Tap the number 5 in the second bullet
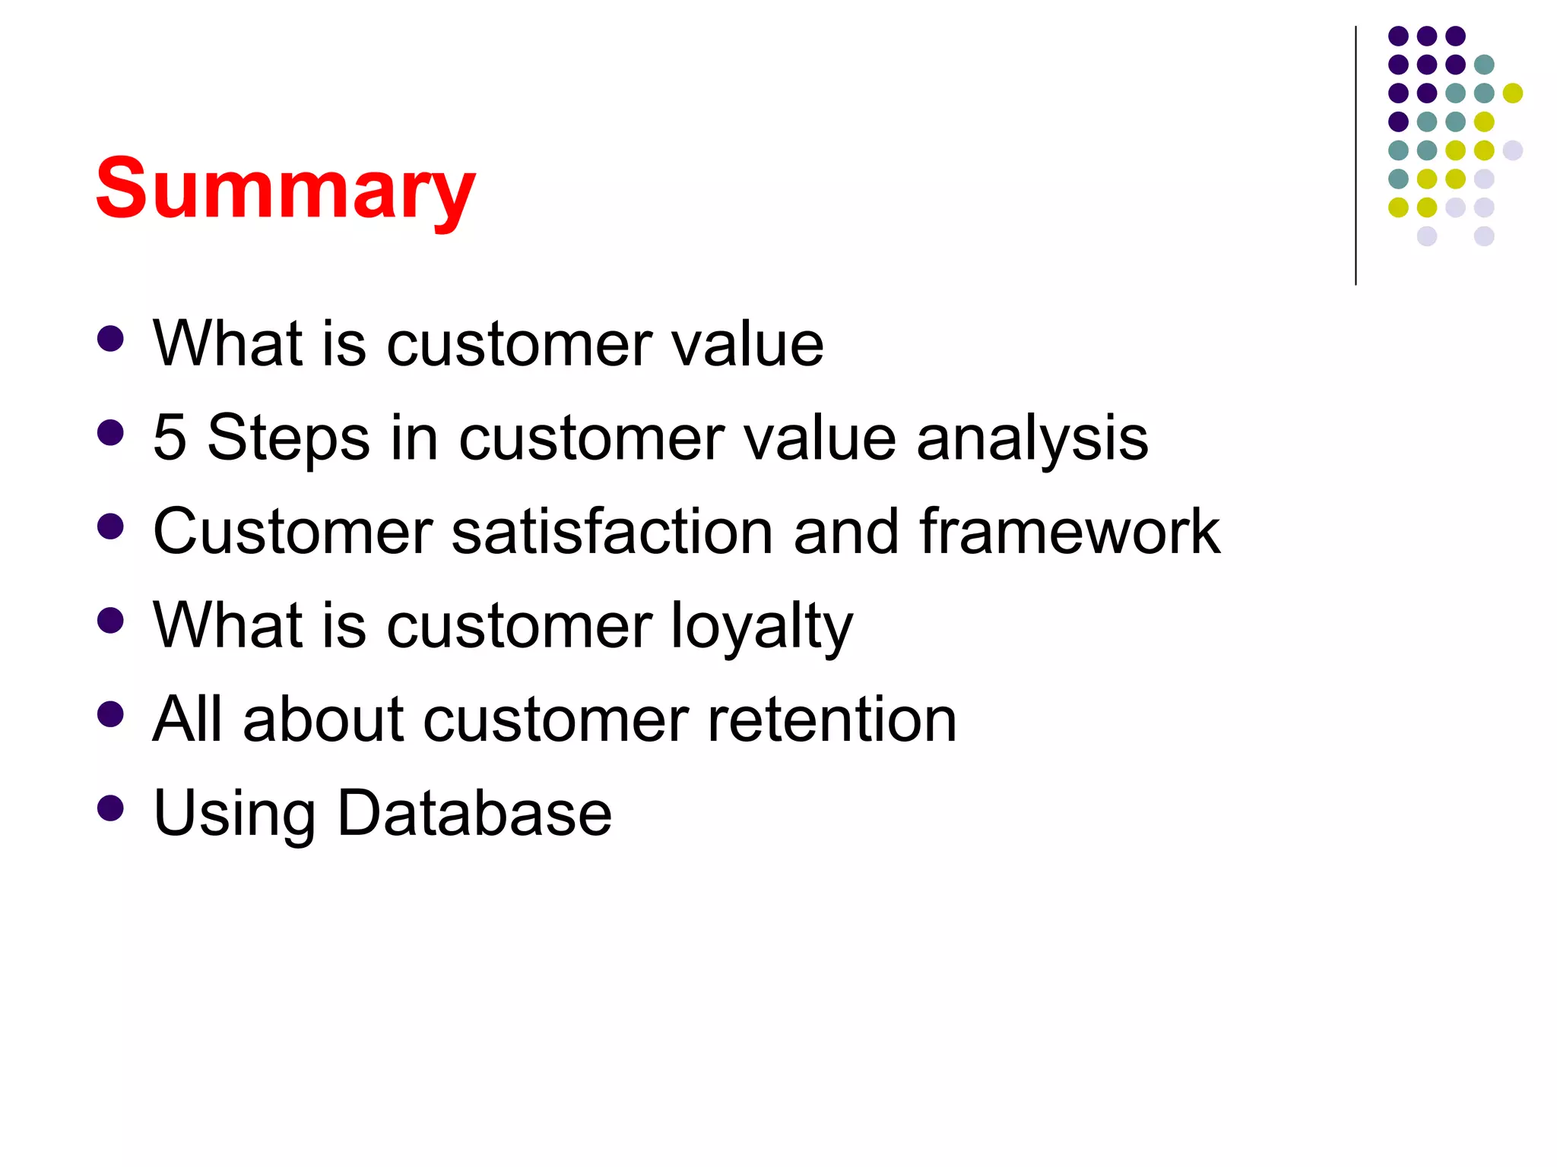pyautogui.click(x=170, y=438)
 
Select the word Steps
pyautogui.click(x=288, y=439)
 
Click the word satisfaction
pyautogui.click(x=612, y=532)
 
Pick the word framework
pyautogui.click(x=1069, y=532)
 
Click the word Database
pyautogui.click(x=474, y=813)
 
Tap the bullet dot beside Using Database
pyautogui.click(x=111, y=808)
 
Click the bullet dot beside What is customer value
pyautogui.click(x=111, y=339)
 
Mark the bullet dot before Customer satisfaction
pyautogui.click(x=111, y=527)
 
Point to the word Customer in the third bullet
pyautogui.click(x=293, y=532)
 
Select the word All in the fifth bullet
pyautogui.click(x=187, y=719)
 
